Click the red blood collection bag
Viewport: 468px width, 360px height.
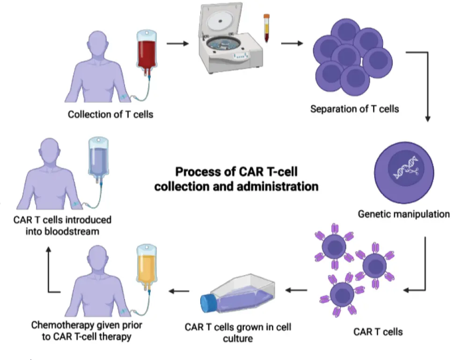tap(146, 52)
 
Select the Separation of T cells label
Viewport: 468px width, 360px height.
tap(354, 109)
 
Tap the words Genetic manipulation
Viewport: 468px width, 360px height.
tap(404, 215)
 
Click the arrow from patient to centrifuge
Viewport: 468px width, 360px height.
tap(177, 44)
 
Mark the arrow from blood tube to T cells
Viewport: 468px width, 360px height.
tap(291, 44)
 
